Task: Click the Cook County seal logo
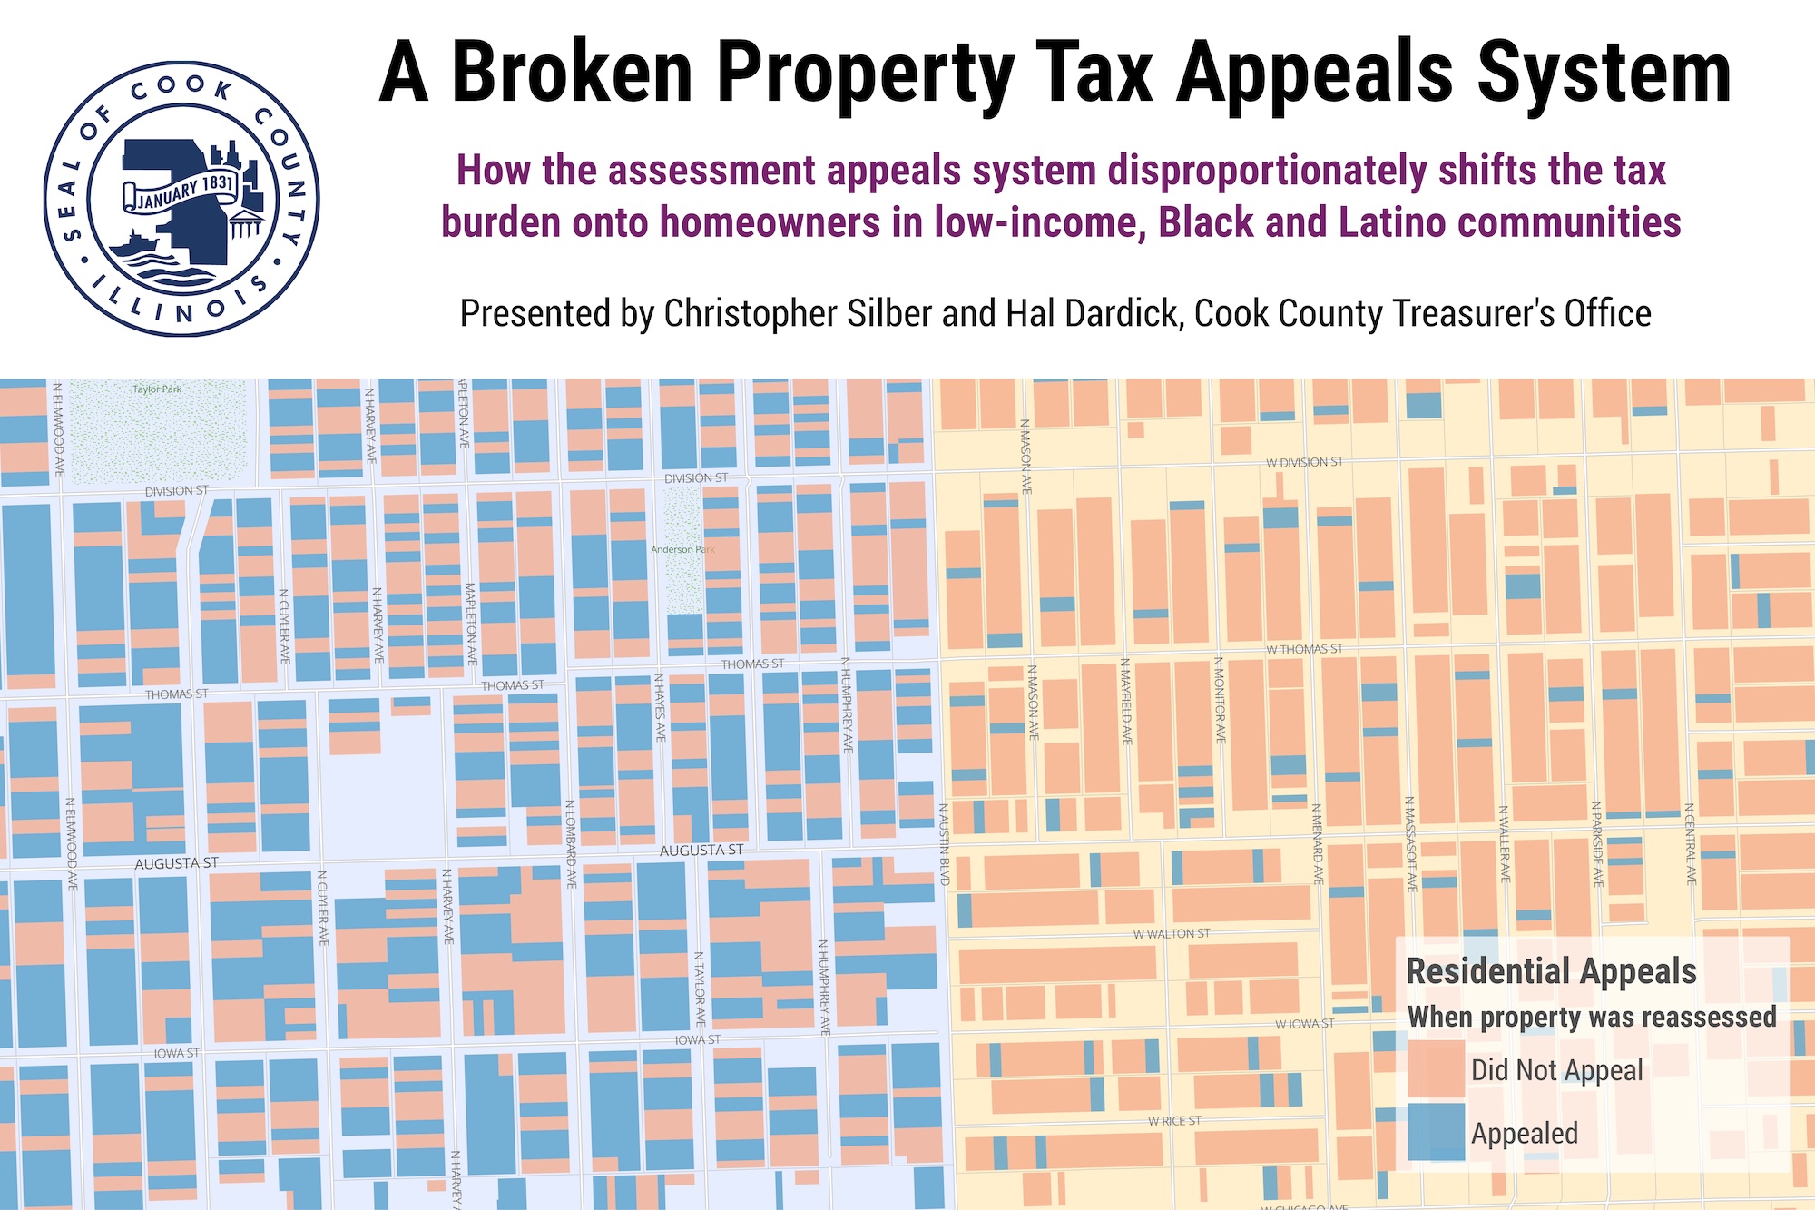(x=181, y=199)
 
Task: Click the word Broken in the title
(x=572, y=73)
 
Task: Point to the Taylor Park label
(x=157, y=389)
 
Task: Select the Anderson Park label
(x=682, y=549)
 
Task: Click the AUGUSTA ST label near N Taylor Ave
(x=701, y=851)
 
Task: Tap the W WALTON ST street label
(x=1171, y=934)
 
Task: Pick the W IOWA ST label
(x=1304, y=1024)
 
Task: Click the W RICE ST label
(x=1174, y=1121)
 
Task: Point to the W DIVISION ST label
(x=1304, y=463)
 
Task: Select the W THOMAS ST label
(x=1304, y=650)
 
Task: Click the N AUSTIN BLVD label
(x=944, y=844)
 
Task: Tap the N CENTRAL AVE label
(x=1690, y=844)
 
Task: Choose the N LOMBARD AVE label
(x=571, y=844)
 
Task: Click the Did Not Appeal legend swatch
(x=1436, y=1070)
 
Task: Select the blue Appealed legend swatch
(x=1436, y=1133)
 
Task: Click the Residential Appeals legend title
(x=1551, y=971)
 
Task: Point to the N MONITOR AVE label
(x=1221, y=701)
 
